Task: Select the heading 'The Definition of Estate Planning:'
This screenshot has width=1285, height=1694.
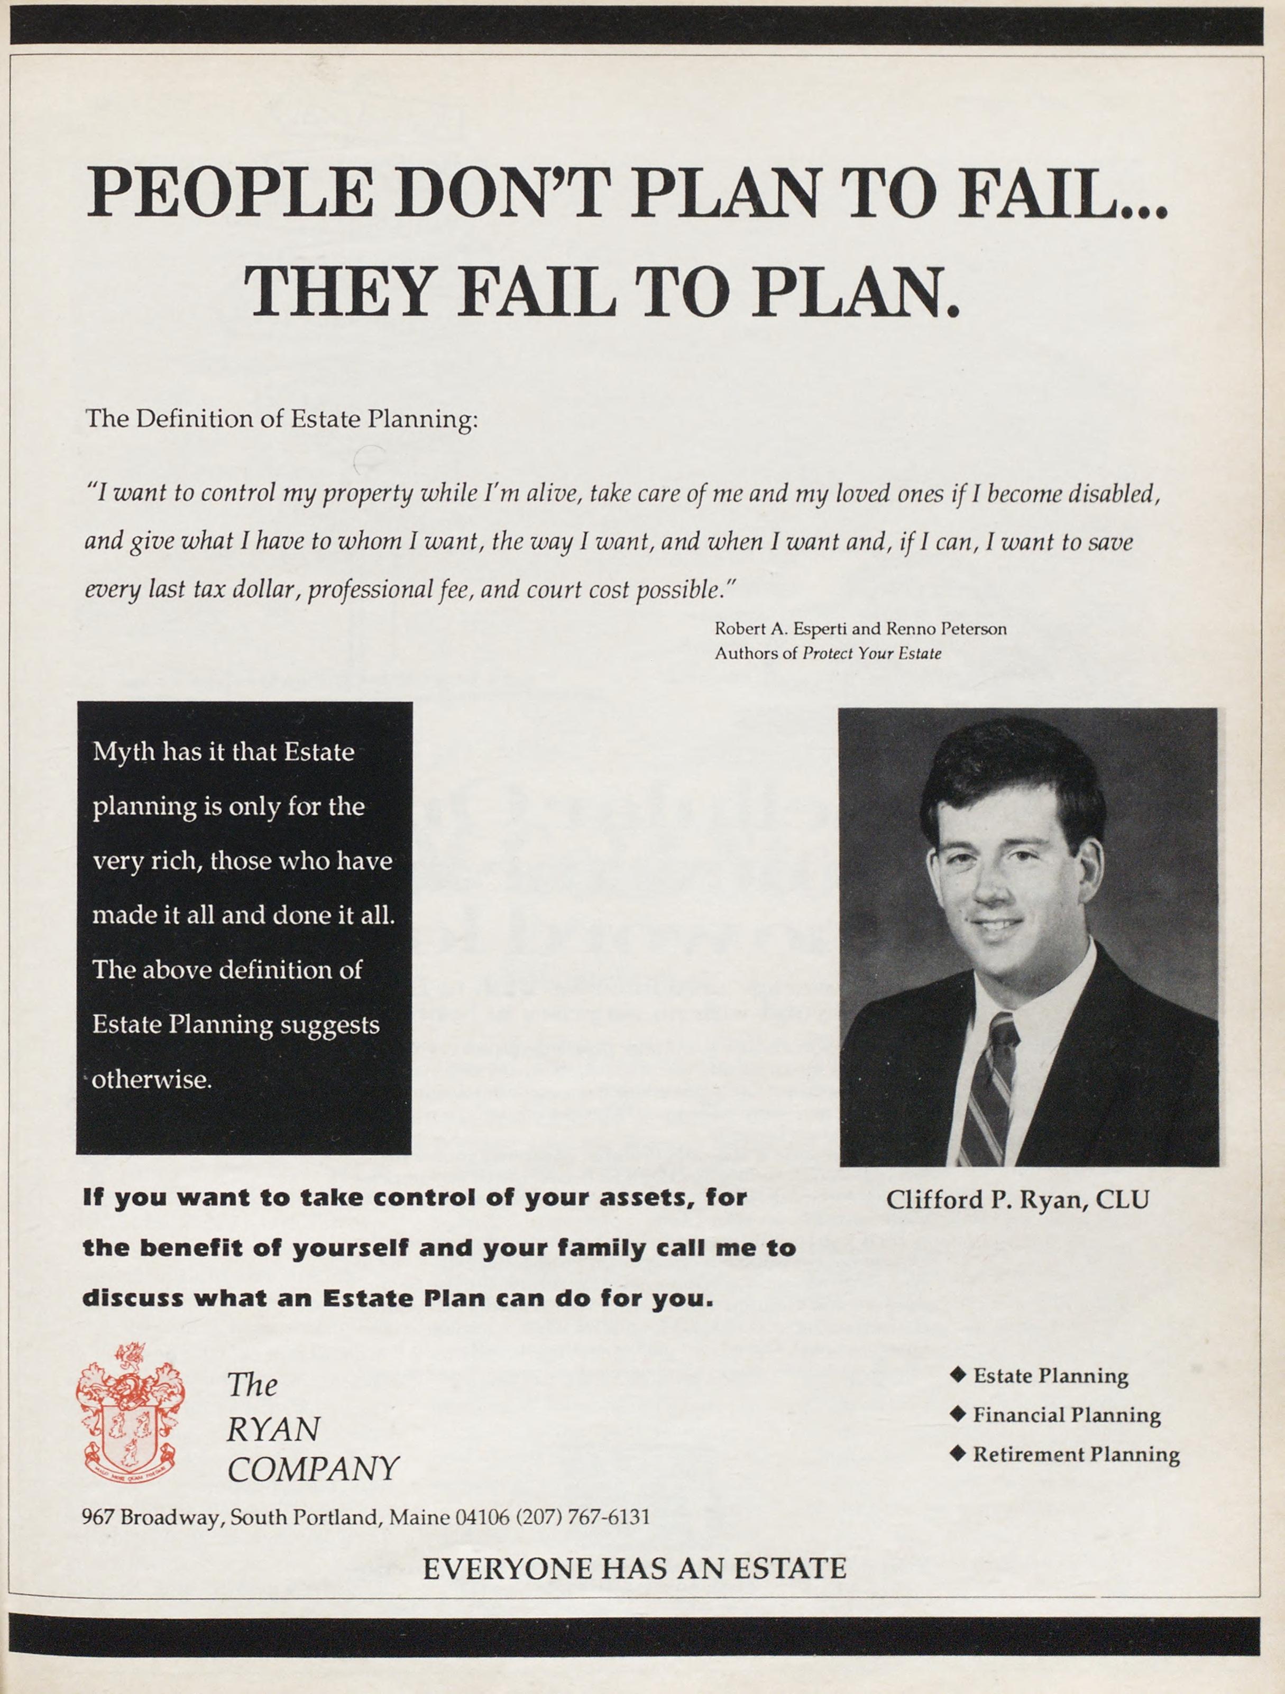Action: pos(282,419)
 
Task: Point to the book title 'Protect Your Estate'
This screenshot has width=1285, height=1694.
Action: pos(871,653)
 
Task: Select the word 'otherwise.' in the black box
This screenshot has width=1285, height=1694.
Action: pos(152,1079)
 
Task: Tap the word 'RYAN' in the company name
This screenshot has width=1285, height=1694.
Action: pos(273,1429)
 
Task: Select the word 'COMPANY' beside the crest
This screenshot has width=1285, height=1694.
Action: pos(313,1469)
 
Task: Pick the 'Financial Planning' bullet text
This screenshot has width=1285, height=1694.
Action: pos(1066,1415)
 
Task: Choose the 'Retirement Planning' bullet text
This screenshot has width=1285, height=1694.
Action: pos(1075,1454)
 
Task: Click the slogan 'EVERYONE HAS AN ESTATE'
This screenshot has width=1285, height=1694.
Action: pos(634,1568)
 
